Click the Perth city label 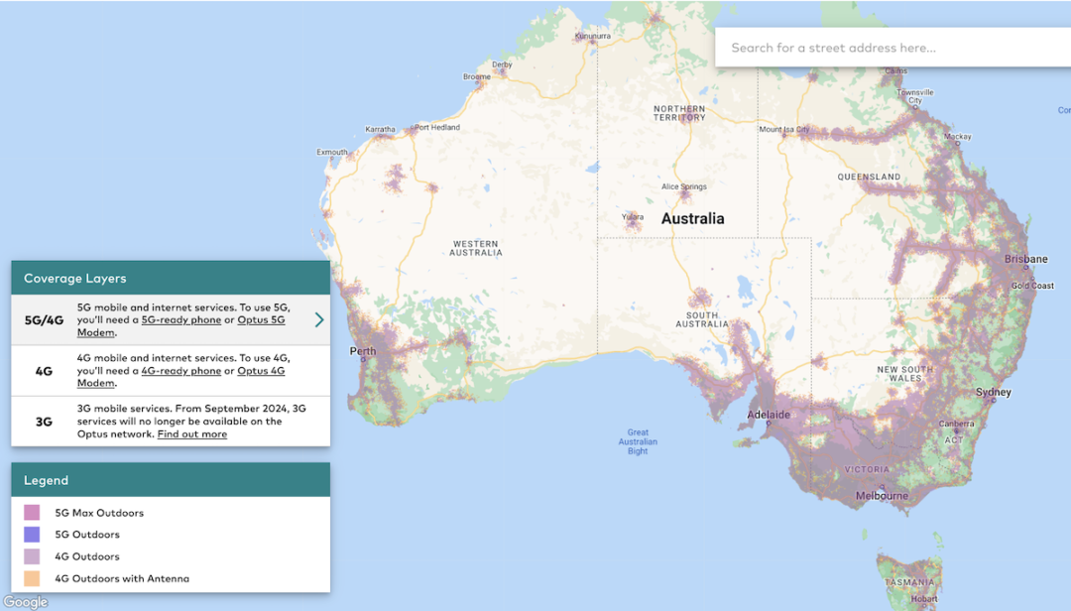tap(363, 351)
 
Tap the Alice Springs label tap(684, 186)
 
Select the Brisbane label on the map tap(1025, 259)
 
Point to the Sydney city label tap(994, 392)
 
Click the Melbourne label tap(882, 496)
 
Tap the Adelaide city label tap(769, 415)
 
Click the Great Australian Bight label tap(638, 441)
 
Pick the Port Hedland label tap(437, 127)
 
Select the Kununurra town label tap(592, 37)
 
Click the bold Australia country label tap(692, 218)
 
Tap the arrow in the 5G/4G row tap(319, 319)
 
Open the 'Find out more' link tap(191, 434)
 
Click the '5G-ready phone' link tap(181, 320)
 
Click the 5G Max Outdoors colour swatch tap(32, 513)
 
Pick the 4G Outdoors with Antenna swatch tap(32, 578)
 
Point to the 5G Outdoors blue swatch tap(32, 535)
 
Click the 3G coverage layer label tap(44, 422)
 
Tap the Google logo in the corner tap(25, 602)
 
